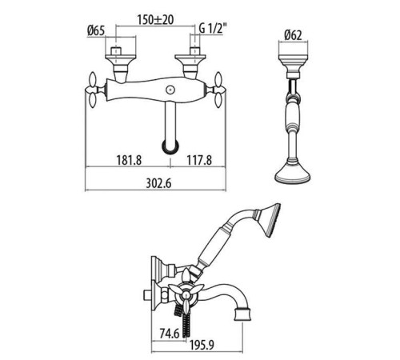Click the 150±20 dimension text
[x=155, y=20]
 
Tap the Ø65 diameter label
[x=96, y=31]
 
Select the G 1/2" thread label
[x=213, y=28]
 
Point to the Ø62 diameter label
[x=293, y=35]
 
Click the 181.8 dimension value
[x=129, y=160]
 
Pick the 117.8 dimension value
[x=199, y=160]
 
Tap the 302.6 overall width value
[x=158, y=183]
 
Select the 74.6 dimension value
[x=170, y=334]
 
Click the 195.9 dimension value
[x=202, y=346]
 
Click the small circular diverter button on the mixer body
[x=170, y=90]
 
